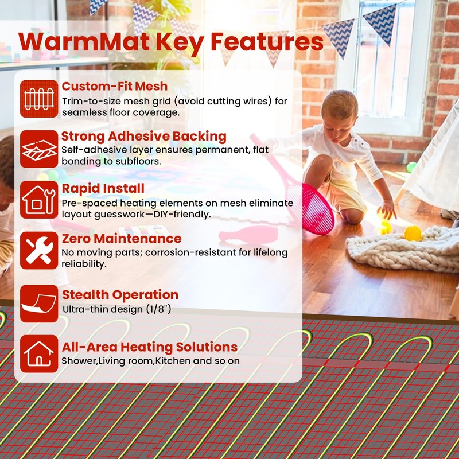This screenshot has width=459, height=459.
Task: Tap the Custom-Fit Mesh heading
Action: [x=115, y=87]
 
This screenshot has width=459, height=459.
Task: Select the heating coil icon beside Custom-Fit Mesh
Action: [x=39, y=99]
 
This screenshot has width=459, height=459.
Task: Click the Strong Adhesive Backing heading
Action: [x=143, y=137]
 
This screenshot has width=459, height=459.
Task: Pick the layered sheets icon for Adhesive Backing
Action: [x=39, y=149]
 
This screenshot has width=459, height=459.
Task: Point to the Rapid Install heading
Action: [x=103, y=188]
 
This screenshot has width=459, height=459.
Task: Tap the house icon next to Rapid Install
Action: [x=39, y=199]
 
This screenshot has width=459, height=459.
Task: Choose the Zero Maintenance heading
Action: [x=121, y=238]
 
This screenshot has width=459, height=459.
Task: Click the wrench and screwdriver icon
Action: [x=39, y=250]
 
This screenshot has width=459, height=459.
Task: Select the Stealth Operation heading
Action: [x=120, y=295]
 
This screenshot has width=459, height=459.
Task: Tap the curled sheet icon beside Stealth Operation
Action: [x=39, y=303]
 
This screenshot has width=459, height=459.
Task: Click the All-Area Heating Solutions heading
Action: [x=149, y=347]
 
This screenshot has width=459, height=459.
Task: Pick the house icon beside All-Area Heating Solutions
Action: [x=39, y=353]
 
